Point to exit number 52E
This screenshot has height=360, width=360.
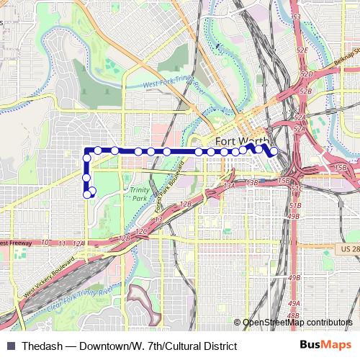click(302, 50)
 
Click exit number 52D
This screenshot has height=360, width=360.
click(305, 74)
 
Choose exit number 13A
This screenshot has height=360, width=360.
click(230, 186)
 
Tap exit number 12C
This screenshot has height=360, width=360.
click(141, 231)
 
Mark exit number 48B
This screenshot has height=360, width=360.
click(292, 315)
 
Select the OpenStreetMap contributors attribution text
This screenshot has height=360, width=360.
click(297, 322)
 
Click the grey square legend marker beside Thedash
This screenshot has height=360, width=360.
click(10, 343)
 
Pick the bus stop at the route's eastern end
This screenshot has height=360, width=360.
click(274, 151)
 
